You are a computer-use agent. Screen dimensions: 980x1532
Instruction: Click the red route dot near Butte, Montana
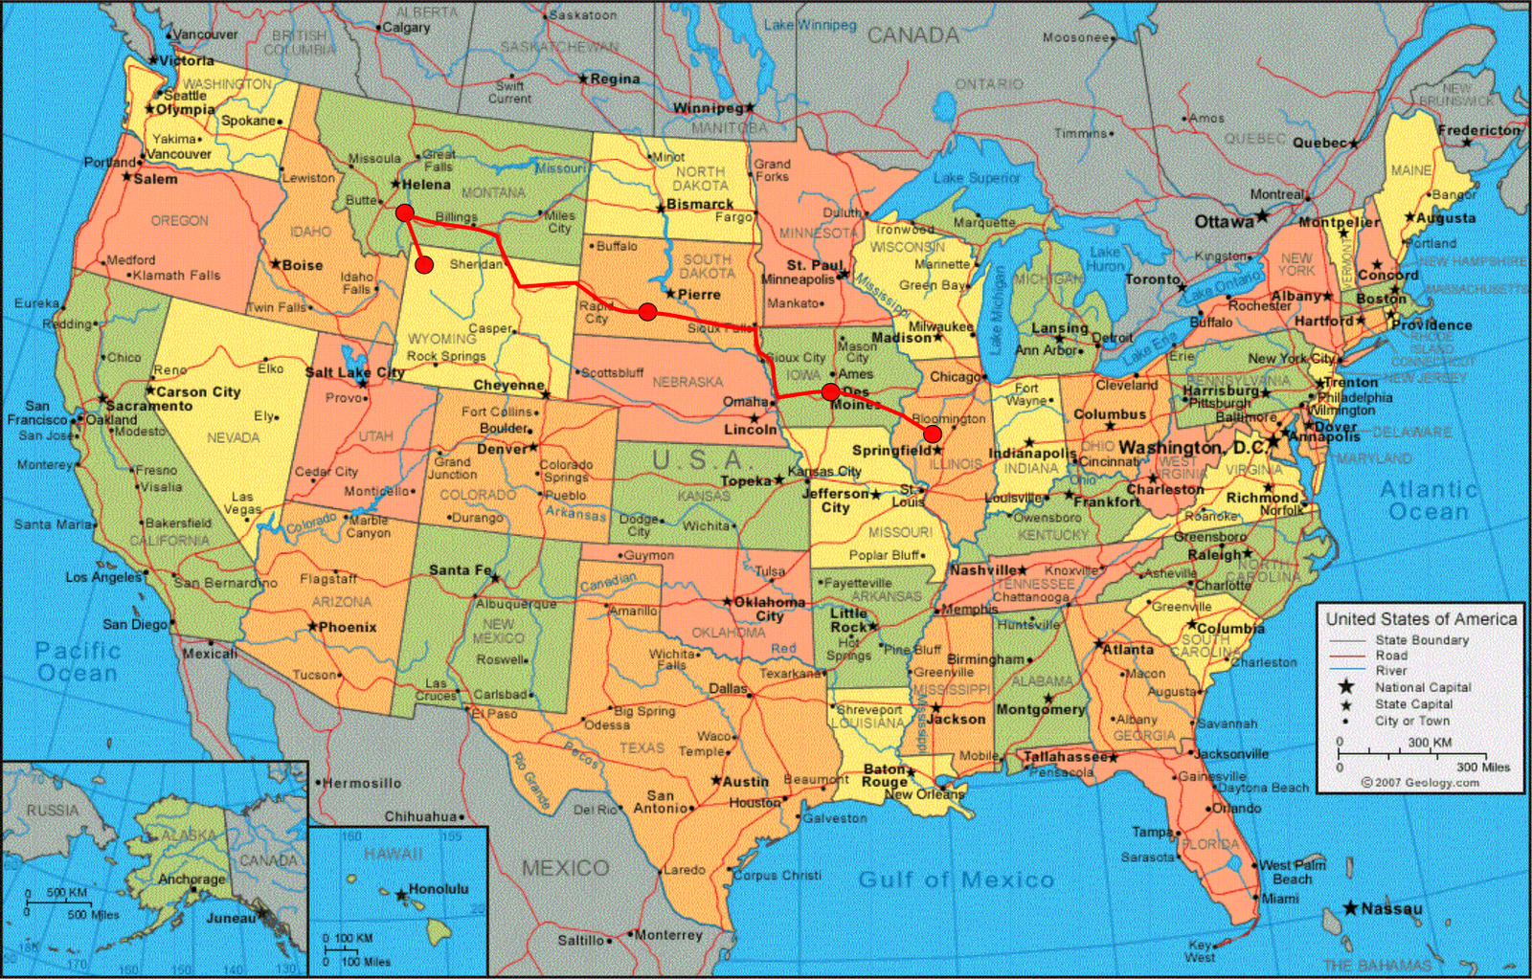point(405,212)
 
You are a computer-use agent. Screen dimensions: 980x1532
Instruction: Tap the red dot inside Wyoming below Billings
point(424,264)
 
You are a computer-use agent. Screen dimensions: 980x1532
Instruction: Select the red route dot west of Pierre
point(647,311)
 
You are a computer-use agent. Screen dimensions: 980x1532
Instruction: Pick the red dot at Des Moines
point(830,391)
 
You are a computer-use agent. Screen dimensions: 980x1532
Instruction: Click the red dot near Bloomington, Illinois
point(932,434)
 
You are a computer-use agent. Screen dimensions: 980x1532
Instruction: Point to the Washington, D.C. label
point(1192,448)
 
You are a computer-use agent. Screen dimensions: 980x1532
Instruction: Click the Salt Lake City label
point(353,372)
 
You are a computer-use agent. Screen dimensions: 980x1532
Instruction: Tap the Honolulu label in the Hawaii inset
point(439,889)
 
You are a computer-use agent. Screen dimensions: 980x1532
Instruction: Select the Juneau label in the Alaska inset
point(231,918)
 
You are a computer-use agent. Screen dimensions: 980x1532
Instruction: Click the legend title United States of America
point(1421,619)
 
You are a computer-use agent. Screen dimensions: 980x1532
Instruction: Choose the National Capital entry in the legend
point(1423,687)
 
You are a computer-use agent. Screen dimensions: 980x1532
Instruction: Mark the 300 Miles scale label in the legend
point(1483,767)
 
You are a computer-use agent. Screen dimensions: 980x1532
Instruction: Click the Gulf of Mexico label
point(956,880)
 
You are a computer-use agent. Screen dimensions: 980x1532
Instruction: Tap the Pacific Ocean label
point(77,661)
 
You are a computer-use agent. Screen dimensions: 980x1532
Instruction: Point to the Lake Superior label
point(977,178)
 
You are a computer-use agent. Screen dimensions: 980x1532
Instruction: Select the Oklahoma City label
point(769,609)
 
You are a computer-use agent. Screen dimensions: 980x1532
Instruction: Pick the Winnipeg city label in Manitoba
point(708,108)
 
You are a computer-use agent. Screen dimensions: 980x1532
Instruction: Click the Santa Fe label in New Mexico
point(460,569)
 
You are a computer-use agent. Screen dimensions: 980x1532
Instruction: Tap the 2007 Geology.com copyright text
point(1421,782)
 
